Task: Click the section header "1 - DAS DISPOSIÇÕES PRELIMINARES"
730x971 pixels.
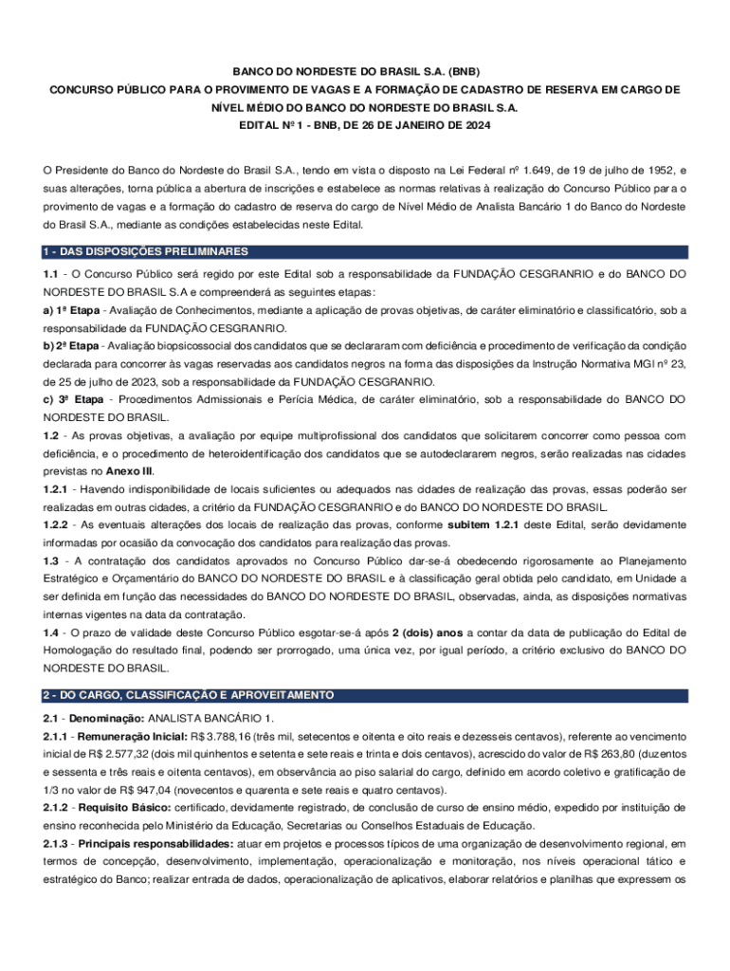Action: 146,251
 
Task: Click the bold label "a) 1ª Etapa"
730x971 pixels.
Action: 73,310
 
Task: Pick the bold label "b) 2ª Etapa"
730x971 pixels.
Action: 73,346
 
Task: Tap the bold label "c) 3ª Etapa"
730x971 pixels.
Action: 74,400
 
